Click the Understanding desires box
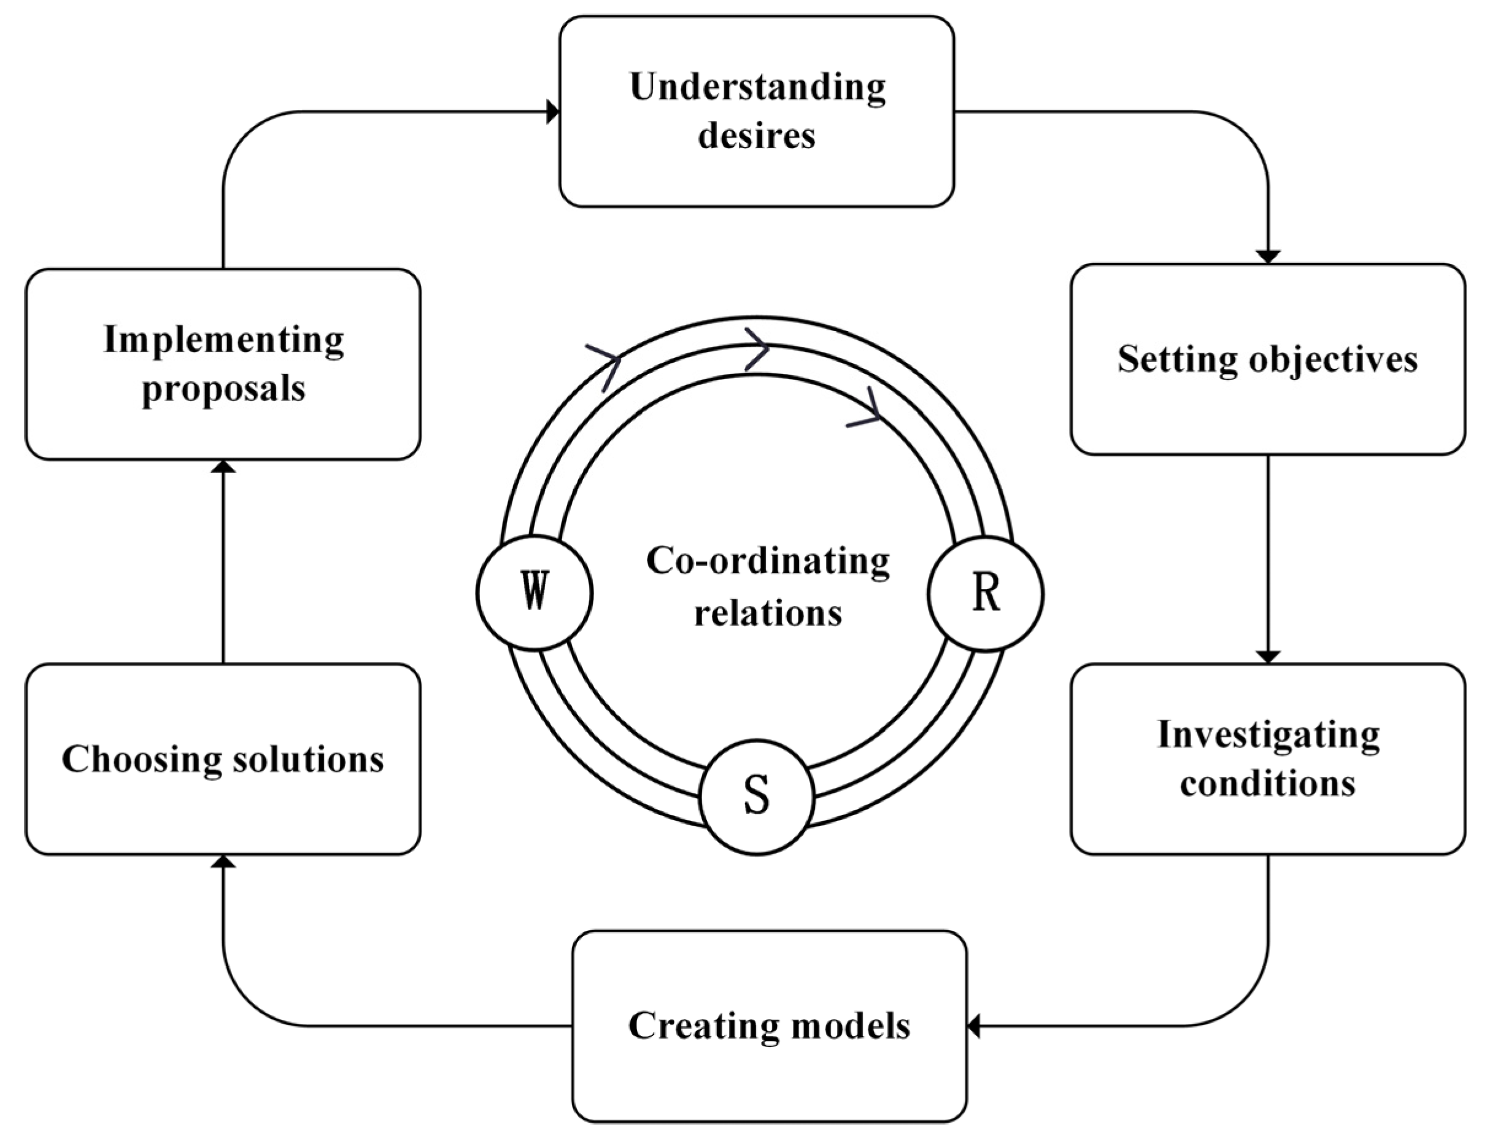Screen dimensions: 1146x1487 757,111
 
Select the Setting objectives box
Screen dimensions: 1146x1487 1267,359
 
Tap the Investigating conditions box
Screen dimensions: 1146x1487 1267,758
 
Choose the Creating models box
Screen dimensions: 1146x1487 769,1026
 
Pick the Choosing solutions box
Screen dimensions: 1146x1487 223,758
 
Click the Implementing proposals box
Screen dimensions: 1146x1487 223,364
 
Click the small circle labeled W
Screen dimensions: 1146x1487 535,593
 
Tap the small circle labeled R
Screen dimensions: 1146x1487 985,593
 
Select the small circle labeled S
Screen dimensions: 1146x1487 757,796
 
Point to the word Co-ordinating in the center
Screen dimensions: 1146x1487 767,561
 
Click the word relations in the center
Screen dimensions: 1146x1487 767,613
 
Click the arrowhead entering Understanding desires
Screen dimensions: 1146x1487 554,112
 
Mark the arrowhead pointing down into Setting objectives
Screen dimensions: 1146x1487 1268,257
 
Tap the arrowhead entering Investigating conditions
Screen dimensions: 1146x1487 1268,657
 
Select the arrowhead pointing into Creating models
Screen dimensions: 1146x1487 973,1026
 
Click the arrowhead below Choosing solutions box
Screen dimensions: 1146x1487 223,862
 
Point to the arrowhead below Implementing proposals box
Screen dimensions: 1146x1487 223,467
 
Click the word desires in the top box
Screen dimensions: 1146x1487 757,135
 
